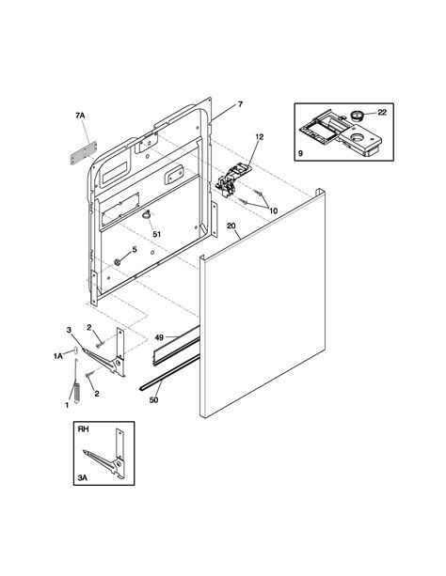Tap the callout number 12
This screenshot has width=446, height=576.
pyautogui.click(x=259, y=137)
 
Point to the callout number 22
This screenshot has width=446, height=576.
pyautogui.click(x=381, y=112)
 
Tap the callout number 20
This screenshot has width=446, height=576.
pyautogui.click(x=231, y=226)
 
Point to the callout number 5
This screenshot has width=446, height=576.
pyautogui.click(x=134, y=249)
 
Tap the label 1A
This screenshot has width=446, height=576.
pyautogui.click(x=57, y=355)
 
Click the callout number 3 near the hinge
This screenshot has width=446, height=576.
pyautogui.click(x=68, y=328)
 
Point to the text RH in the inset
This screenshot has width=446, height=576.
pyautogui.click(x=84, y=435)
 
